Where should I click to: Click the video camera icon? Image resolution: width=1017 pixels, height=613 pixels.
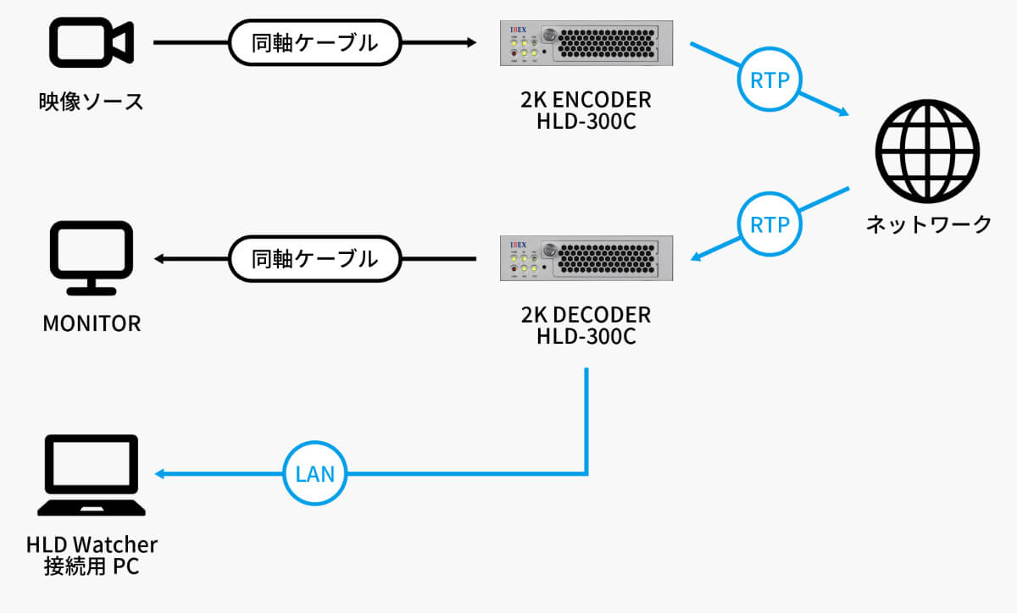click(x=92, y=41)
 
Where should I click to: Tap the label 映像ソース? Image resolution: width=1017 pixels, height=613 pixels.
click(x=91, y=102)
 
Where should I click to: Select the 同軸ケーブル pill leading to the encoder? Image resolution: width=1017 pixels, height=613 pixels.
click(x=314, y=41)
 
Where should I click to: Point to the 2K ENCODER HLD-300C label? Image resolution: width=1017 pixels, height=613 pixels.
click(x=586, y=111)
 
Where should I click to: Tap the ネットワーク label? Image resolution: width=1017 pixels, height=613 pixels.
click(x=927, y=224)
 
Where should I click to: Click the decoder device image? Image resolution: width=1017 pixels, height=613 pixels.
click(x=586, y=257)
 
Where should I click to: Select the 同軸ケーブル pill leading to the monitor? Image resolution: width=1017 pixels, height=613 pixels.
click(x=314, y=257)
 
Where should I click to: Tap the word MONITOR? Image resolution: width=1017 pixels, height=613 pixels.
click(x=92, y=323)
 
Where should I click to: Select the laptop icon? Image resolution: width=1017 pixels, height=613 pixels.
click(x=91, y=476)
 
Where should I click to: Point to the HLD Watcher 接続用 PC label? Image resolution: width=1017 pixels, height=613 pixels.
click(x=92, y=555)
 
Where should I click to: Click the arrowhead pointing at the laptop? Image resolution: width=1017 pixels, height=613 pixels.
click(x=158, y=473)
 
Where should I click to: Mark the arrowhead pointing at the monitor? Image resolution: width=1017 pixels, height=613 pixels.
click(x=158, y=257)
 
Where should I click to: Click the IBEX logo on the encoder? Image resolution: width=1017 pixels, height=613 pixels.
click(x=519, y=30)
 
